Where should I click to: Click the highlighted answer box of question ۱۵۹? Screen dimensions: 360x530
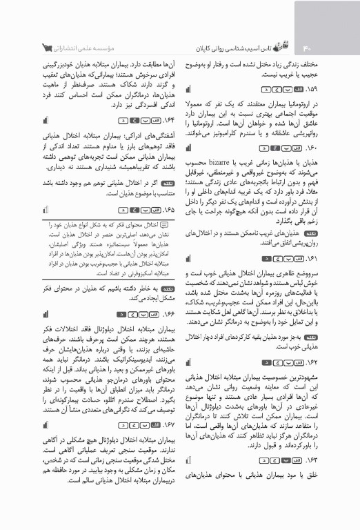click(x=261, y=90)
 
